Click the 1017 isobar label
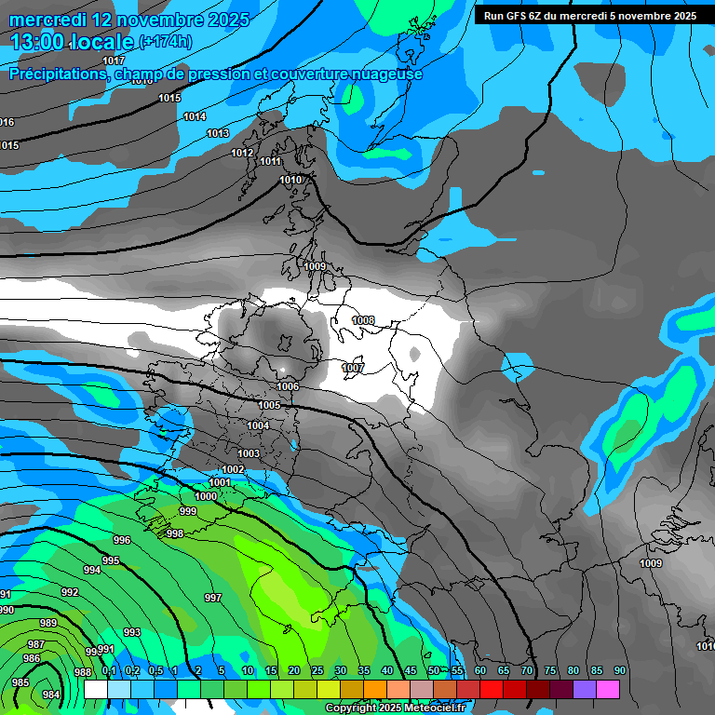(114, 61)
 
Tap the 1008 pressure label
(363, 320)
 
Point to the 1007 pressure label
(353, 368)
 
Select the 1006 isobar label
(288, 386)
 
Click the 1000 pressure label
(206, 496)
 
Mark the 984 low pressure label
(51, 695)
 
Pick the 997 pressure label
(213, 598)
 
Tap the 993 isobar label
(132, 632)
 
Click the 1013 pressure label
(218, 134)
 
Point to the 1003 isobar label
(249, 453)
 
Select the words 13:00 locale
(72, 42)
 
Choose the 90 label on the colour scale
(619, 670)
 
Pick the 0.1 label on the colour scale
(109, 670)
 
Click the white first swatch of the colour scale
(95, 689)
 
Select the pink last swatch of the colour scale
(607, 689)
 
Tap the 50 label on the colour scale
(434, 670)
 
